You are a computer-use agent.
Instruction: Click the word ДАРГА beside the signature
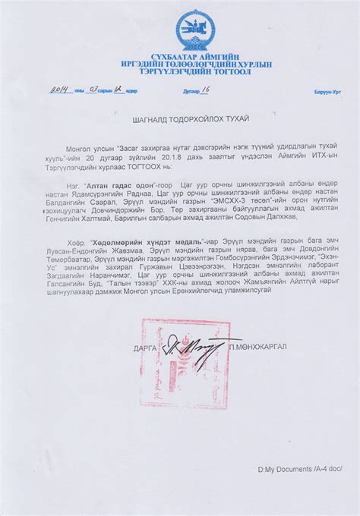[149, 348]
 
